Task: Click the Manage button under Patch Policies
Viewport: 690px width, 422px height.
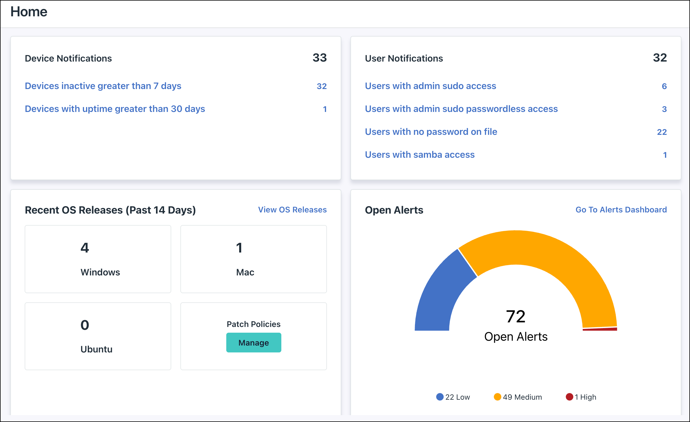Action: (254, 342)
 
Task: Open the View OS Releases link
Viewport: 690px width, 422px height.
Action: (292, 210)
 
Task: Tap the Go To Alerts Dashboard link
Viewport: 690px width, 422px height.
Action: (621, 210)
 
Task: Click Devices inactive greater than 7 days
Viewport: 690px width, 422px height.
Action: (103, 86)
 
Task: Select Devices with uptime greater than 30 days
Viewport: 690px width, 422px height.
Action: (115, 109)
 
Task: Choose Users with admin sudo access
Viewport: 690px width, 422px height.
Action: (430, 86)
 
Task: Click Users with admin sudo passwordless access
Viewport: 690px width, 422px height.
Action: (461, 109)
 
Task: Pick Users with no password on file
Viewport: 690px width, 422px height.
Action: (431, 132)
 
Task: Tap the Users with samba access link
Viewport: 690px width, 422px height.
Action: (420, 155)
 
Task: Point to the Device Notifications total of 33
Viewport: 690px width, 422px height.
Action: (319, 58)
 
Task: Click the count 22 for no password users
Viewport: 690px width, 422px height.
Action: (662, 132)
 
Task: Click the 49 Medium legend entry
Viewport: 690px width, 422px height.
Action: (518, 397)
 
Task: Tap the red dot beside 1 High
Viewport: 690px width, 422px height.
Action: (569, 397)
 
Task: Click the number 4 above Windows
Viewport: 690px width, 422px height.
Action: (85, 248)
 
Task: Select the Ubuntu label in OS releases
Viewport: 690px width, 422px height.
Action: (96, 349)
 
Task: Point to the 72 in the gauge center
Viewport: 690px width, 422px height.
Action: (516, 317)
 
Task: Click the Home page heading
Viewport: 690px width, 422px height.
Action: (29, 12)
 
